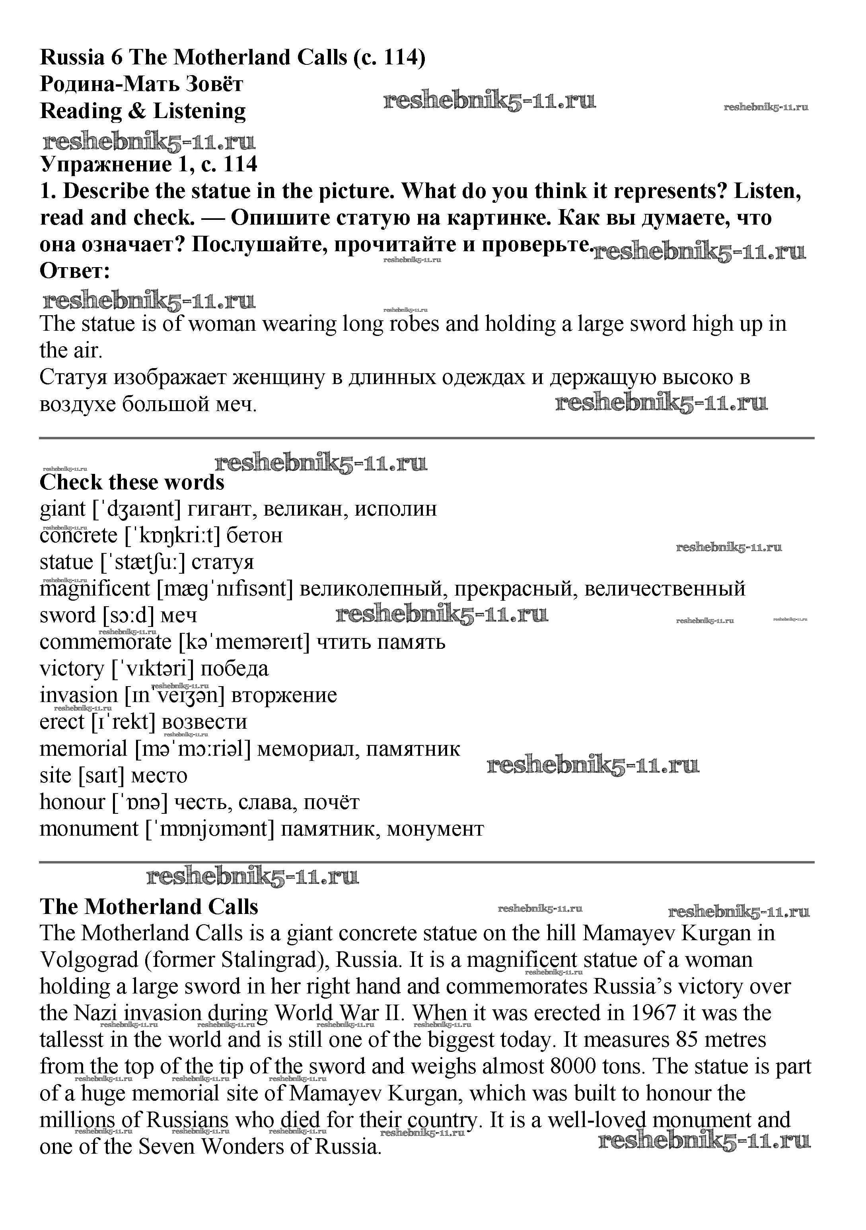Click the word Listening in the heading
(x=199, y=111)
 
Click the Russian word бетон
(x=254, y=535)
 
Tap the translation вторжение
(x=284, y=695)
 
